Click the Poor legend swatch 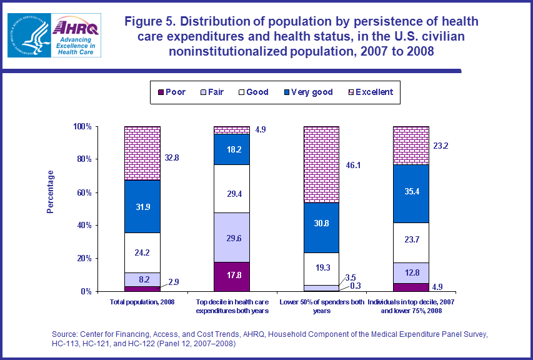tap(161, 92)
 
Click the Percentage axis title tap(51, 192)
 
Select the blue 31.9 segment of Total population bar tap(142, 206)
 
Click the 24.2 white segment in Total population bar tap(142, 252)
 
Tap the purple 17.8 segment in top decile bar tap(232, 276)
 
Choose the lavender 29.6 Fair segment tap(232, 237)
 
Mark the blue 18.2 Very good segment tap(232, 149)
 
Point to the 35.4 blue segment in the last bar tap(411, 193)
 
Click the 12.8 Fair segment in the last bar tap(411, 272)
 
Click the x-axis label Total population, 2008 tap(142, 302)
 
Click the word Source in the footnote tap(64, 335)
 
